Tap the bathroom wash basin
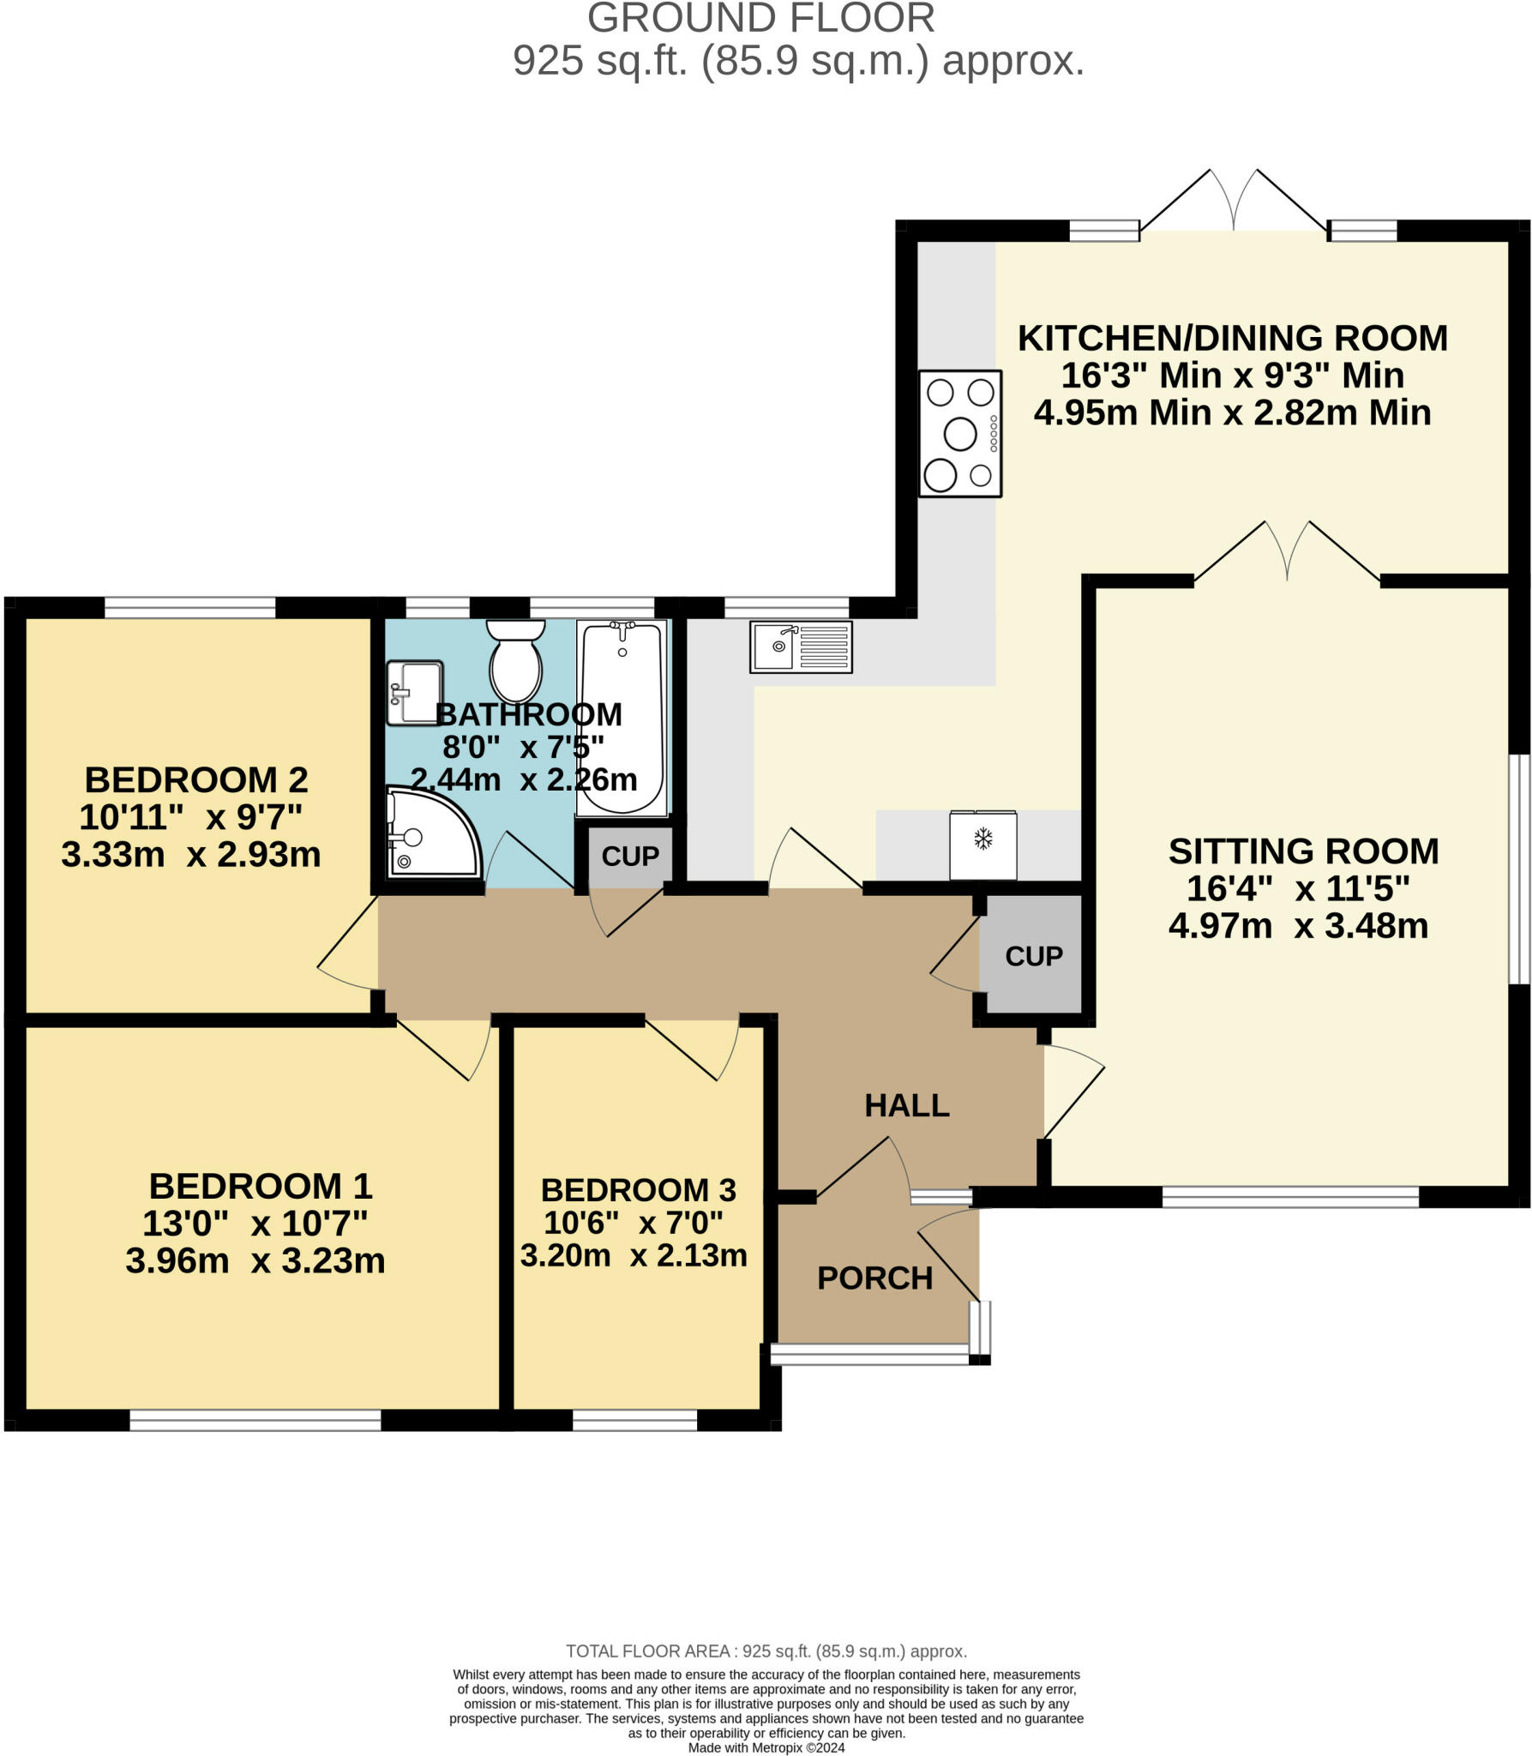(414, 692)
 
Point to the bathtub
(622, 718)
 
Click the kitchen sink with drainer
(801, 646)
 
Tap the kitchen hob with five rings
(960, 433)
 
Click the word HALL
(907, 1105)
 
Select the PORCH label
(874, 1278)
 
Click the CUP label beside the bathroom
(630, 856)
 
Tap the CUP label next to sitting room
(1034, 956)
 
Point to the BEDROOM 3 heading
(639, 1189)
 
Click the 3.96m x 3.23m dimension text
(255, 1260)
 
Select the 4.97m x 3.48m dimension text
(1298, 926)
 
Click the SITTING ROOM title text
(1303, 851)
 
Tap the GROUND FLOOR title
(761, 18)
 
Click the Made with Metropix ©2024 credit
(766, 1747)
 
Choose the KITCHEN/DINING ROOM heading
(1233, 338)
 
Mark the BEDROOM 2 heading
(196, 779)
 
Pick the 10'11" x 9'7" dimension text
(190, 817)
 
